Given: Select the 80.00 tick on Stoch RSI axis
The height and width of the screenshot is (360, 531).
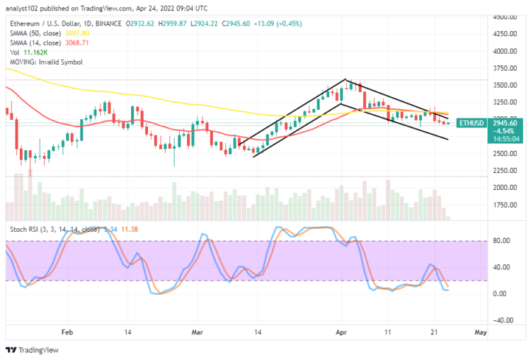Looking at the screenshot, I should tap(501, 241).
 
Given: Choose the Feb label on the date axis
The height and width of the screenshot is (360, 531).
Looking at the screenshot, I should tap(67, 332).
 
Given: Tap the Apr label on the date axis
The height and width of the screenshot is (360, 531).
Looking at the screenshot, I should tap(341, 332).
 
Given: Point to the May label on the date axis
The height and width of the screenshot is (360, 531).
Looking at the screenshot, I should tap(480, 332).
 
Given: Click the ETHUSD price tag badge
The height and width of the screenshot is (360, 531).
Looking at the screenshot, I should tap(470, 123).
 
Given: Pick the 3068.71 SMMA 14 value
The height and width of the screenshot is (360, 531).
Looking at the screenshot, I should tap(76, 43).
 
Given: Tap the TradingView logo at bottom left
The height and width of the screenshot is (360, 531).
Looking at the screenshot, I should tap(33, 350).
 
